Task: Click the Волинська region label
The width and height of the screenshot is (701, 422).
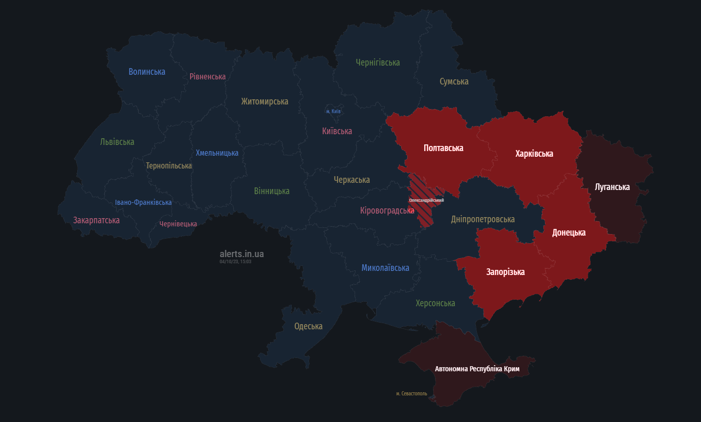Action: [x=147, y=72]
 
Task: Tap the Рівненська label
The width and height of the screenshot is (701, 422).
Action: [x=207, y=76]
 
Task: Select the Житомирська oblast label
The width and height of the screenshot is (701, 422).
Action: [x=265, y=101]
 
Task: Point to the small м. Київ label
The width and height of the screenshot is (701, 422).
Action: [x=334, y=111]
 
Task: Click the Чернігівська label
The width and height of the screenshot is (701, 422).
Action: [x=378, y=62]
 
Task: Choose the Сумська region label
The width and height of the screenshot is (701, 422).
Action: [x=454, y=81]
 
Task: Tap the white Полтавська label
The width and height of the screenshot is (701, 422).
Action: [x=443, y=148]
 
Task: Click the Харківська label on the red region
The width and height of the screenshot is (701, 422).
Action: [x=534, y=154]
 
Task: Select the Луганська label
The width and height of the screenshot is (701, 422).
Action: [x=612, y=187]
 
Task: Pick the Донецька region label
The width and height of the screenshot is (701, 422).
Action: [x=568, y=233]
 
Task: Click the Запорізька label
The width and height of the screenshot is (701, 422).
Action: [x=505, y=272]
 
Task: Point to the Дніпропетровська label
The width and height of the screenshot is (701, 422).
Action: [x=483, y=219]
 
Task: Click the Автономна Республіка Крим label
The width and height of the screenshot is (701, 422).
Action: [x=477, y=369]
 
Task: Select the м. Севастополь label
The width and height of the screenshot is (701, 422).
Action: [x=411, y=394]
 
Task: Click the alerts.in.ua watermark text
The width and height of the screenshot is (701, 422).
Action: [x=242, y=254]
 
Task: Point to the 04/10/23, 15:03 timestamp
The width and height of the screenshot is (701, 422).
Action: [x=235, y=262]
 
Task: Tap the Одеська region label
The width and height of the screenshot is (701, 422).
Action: [x=308, y=326]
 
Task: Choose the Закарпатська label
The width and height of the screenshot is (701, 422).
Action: [x=96, y=220]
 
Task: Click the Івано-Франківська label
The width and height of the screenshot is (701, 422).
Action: [x=143, y=202]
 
